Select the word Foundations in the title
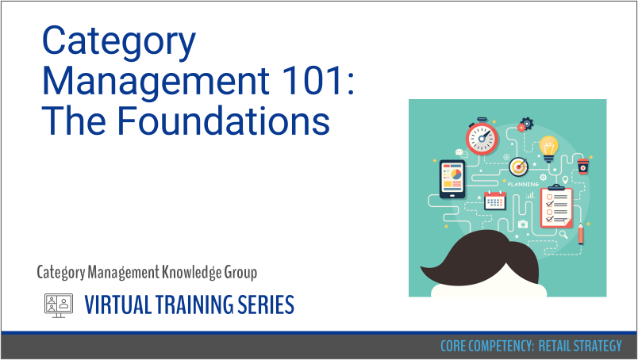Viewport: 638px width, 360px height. [x=224, y=121]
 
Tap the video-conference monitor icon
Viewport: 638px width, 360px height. [x=59, y=304]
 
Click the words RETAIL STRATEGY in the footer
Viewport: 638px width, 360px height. [x=580, y=346]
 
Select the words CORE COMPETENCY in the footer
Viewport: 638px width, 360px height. [x=486, y=346]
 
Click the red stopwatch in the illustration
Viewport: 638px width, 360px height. [x=482, y=137]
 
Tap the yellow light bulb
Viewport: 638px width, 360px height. [x=548, y=149]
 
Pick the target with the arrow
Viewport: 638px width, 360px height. [x=519, y=167]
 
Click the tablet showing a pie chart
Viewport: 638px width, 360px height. [x=452, y=179]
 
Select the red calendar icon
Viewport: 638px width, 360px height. [x=495, y=201]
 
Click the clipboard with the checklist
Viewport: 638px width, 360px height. [x=555, y=206]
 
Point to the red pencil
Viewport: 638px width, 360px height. [x=581, y=233]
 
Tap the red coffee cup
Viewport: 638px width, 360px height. [x=583, y=166]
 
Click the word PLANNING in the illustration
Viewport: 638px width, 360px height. [x=523, y=184]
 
